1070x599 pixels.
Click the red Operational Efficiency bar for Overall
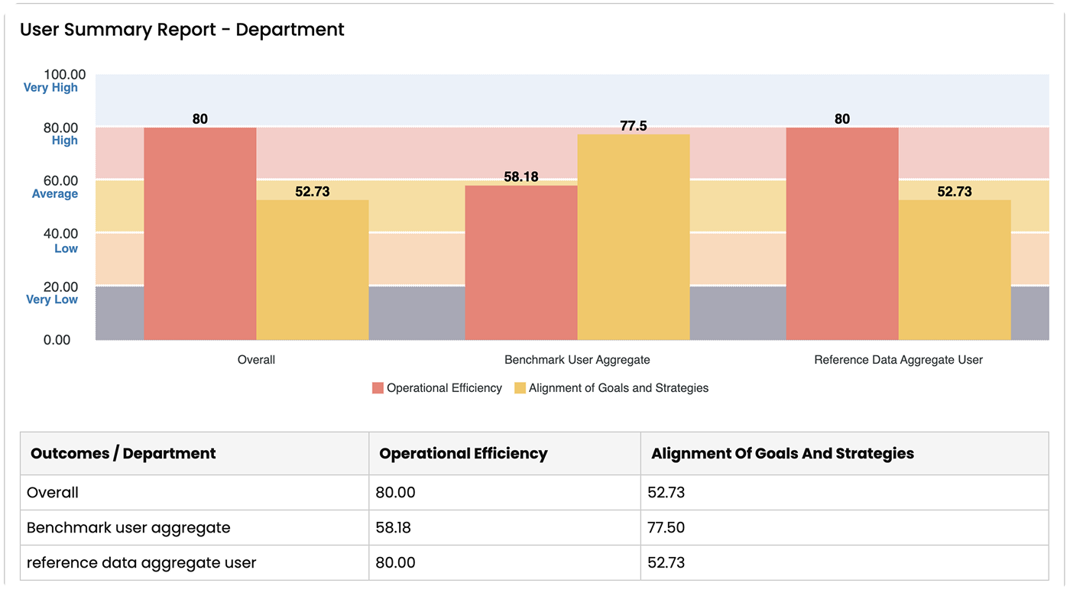pyautogui.click(x=199, y=233)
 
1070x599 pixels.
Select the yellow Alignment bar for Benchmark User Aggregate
pyautogui.click(x=633, y=237)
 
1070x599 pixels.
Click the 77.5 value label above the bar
pyautogui.click(x=634, y=126)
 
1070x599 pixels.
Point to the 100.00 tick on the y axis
pyautogui.click(x=65, y=74)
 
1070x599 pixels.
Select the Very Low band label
pyautogui.click(x=52, y=299)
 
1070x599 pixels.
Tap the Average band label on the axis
pyautogui.click(x=55, y=194)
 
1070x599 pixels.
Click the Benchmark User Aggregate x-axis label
pyautogui.click(x=577, y=359)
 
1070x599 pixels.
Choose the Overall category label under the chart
pyautogui.click(x=256, y=359)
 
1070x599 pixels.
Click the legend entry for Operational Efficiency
pyautogui.click(x=437, y=388)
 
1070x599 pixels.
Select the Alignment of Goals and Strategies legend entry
pyautogui.click(x=611, y=388)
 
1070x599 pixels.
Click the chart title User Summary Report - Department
pyautogui.click(x=182, y=30)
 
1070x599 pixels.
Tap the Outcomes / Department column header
pyautogui.click(x=123, y=453)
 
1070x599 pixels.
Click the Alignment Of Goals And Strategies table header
pyautogui.click(x=782, y=453)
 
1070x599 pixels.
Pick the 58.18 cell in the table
pyautogui.click(x=395, y=527)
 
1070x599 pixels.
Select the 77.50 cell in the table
pyautogui.click(x=667, y=527)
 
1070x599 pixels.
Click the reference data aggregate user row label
pyautogui.click(x=141, y=562)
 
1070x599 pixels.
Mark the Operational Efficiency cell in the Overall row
pyautogui.click(x=395, y=493)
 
